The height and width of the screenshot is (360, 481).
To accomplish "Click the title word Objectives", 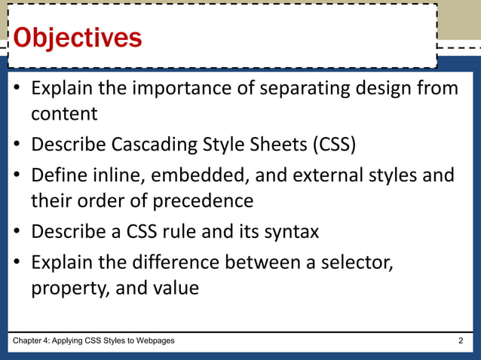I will point(78,37).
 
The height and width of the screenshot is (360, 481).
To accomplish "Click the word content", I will point(64,114).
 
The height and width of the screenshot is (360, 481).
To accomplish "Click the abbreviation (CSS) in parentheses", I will point(329,144).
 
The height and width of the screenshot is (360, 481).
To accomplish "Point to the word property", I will point(69,288).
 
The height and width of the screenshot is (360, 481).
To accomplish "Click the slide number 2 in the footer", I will point(461,341).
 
